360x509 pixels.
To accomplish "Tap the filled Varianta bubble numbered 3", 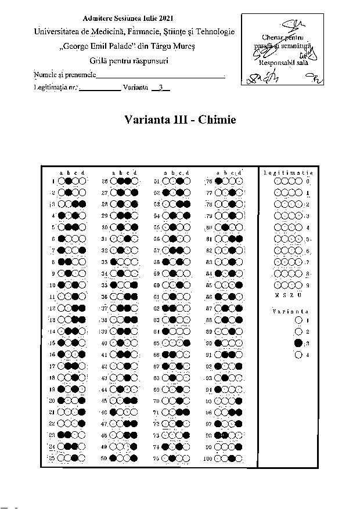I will pyautogui.click(x=298, y=343).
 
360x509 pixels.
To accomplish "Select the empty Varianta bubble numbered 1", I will pyautogui.click(x=298, y=319).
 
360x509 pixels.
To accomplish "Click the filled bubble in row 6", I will pyautogui.click(x=62, y=239).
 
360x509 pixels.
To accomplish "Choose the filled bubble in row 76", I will pyautogui.click(x=218, y=181).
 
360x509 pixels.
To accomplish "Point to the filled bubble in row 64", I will pyautogui.click(x=165, y=331).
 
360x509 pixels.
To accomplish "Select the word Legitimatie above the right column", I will pyautogui.click(x=288, y=173).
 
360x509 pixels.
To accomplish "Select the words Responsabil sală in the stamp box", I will pyautogui.click(x=278, y=62).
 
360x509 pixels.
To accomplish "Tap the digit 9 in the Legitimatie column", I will pyautogui.click(x=307, y=285).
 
